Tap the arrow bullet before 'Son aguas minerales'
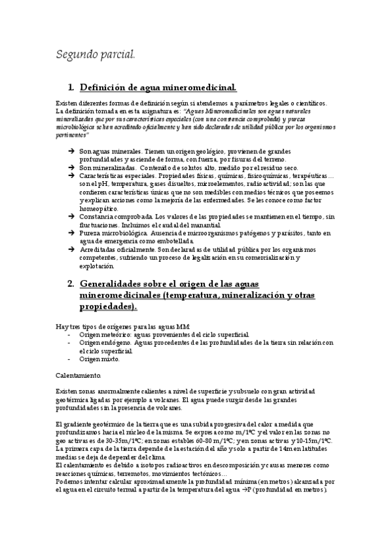(71, 151)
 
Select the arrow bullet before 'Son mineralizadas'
(71, 168)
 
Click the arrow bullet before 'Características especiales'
(71, 176)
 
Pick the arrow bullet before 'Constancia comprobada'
(71, 217)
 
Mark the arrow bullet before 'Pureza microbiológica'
(71, 233)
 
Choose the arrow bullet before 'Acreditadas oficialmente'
(71, 249)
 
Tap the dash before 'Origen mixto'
(69, 359)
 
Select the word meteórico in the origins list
(114, 334)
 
